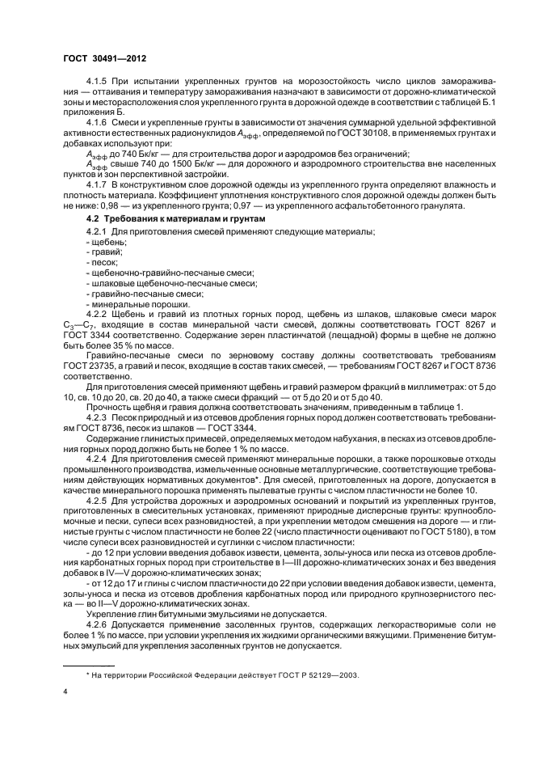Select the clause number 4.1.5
(x=97, y=82)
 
